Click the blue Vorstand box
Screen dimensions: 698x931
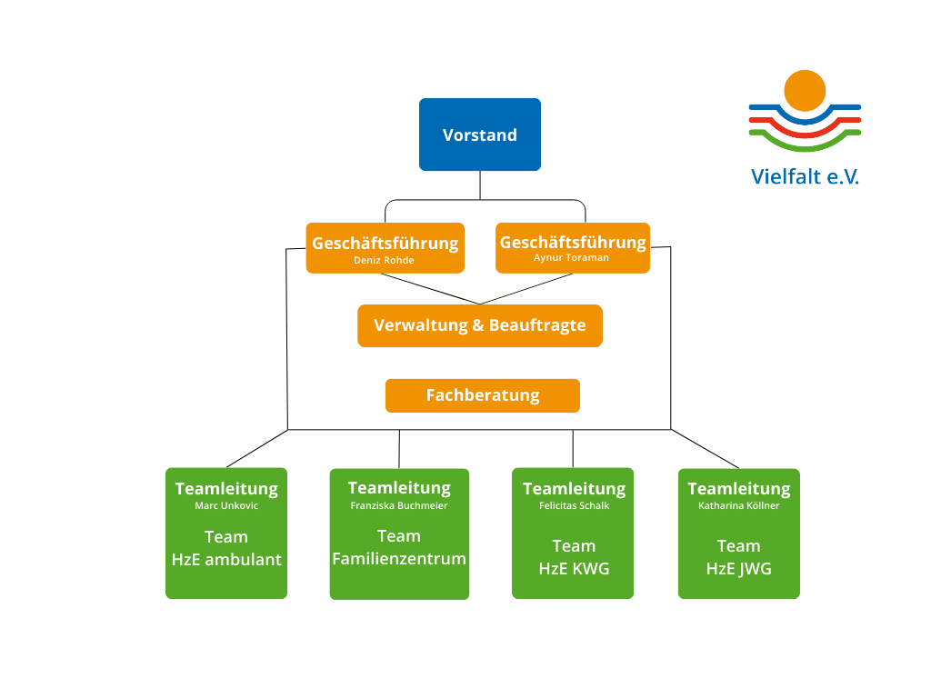(x=480, y=135)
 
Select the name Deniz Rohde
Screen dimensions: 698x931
(x=384, y=260)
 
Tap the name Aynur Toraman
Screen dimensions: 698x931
(x=572, y=258)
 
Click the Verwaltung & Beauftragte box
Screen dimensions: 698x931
(x=480, y=325)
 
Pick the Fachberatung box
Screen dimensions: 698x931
(x=483, y=395)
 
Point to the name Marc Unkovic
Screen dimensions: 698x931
(x=226, y=505)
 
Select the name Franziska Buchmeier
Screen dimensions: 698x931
(x=399, y=505)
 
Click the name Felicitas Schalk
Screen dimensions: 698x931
(x=574, y=505)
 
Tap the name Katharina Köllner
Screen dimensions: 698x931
(x=739, y=505)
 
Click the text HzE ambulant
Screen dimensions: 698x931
(x=226, y=560)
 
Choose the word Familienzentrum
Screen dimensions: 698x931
(x=399, y=559)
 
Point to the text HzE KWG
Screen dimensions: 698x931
(x=574, y=569)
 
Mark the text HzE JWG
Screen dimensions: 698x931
(x=739, y=569)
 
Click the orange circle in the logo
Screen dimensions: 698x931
(x=805, y=90)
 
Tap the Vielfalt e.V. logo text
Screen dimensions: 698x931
(x=805, y=176)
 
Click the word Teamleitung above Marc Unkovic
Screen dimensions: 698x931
(x=226, y=488)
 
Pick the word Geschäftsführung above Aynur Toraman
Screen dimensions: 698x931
(x=573, y=243)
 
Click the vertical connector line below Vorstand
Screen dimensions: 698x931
(x=480, y=184)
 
